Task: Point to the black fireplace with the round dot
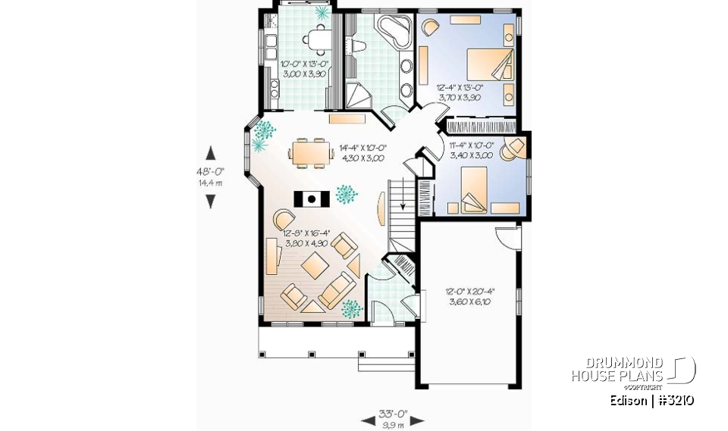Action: pyautogui.click(x=312, y=199)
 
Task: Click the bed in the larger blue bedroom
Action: pyautogui.click(x=488, y=64)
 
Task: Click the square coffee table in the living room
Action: pyautogui.click(x=314, y=265)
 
